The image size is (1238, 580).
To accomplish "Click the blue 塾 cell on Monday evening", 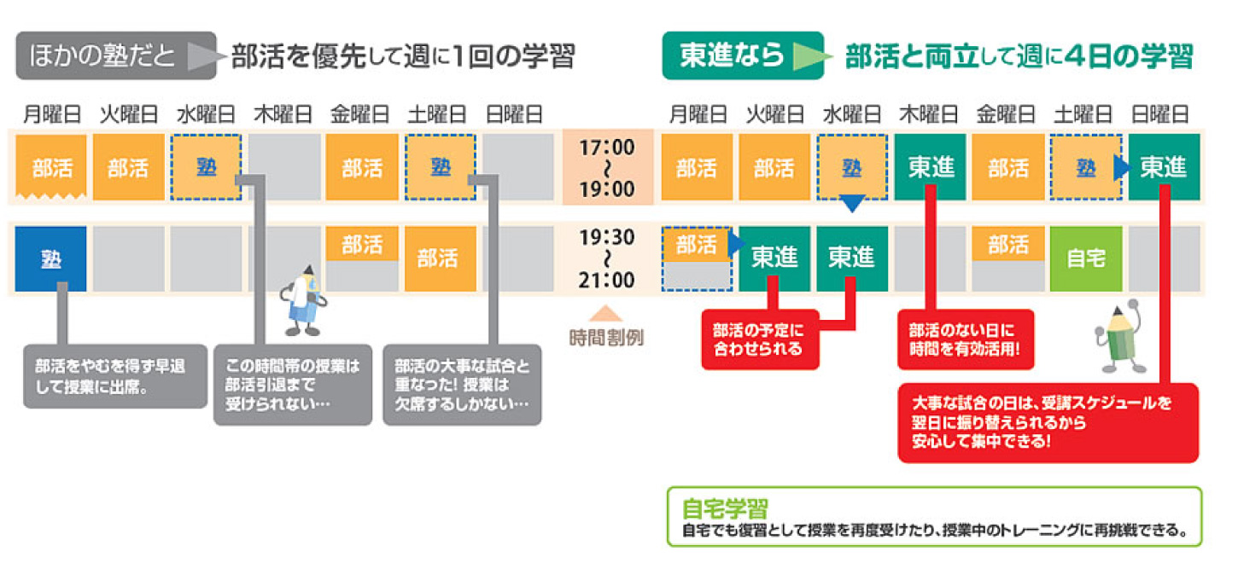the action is click(51, 258).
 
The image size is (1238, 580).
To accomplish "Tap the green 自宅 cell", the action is click(1086, 258).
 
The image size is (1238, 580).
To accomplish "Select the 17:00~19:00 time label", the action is click(607, 168).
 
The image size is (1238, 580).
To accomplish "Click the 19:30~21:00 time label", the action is click(607, 258).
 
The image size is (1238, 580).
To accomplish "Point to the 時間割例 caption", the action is click(606, 337).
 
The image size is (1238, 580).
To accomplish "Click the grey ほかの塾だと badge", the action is click(116, 55).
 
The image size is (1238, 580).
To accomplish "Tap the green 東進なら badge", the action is click(743, 55).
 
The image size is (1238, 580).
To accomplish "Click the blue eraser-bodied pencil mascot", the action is click(303, 301).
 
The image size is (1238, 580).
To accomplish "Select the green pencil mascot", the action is click(1120, 337).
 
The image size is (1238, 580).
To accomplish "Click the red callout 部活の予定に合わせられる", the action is click(760, 339).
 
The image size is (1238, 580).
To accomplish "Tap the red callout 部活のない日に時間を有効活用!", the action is click(966, 339).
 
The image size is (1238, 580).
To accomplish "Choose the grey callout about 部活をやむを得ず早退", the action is click(115, 376).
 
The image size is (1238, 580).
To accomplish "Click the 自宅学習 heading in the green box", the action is click(725, 507).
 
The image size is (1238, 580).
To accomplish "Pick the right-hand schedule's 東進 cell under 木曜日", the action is click(931, 167).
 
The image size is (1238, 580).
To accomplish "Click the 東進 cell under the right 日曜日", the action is click(1165, 167).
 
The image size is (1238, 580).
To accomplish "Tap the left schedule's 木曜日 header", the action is click(283, 114).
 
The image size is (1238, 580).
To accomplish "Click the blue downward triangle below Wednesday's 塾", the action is click(852, 203).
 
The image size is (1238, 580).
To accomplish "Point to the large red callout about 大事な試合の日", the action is click(1048, 422).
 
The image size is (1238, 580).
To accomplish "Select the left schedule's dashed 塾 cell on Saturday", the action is click(441, 167).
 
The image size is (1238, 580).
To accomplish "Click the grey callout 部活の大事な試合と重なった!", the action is click(462, 385).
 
